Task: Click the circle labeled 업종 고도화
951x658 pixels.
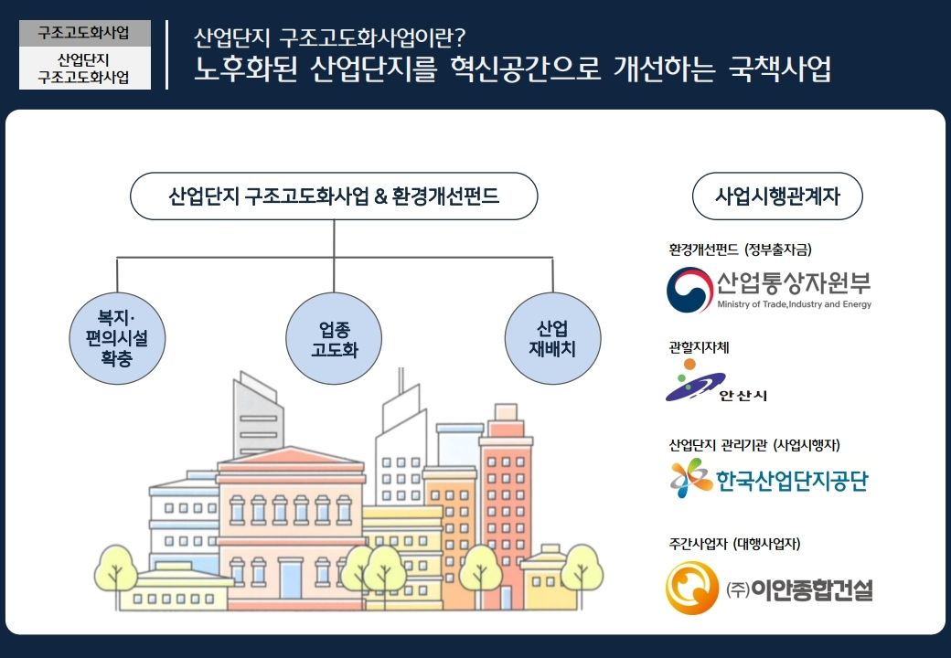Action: point(334,339)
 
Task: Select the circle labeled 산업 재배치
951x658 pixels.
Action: point(552,339)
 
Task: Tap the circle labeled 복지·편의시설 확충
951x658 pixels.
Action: point(117,339)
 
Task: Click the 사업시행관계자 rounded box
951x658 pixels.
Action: point(777,196)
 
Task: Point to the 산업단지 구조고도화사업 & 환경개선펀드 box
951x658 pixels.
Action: point(334,196)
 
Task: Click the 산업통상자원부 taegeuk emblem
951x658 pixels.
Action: point(689,290)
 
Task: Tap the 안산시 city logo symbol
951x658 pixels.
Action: point(694,380)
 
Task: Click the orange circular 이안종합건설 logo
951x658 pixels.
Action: point(692,588)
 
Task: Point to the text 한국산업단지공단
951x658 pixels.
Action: point(792,481)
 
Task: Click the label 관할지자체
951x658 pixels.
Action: point(699,347)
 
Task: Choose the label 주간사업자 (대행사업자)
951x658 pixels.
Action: point(734,544)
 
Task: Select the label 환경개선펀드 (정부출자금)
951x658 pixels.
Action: point(740,249)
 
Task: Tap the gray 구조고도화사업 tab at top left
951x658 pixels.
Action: point(85,33)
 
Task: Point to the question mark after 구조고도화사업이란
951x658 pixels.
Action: point(459,38)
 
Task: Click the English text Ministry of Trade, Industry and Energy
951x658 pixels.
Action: point(794,304)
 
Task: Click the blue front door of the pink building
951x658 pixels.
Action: point(290,579)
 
